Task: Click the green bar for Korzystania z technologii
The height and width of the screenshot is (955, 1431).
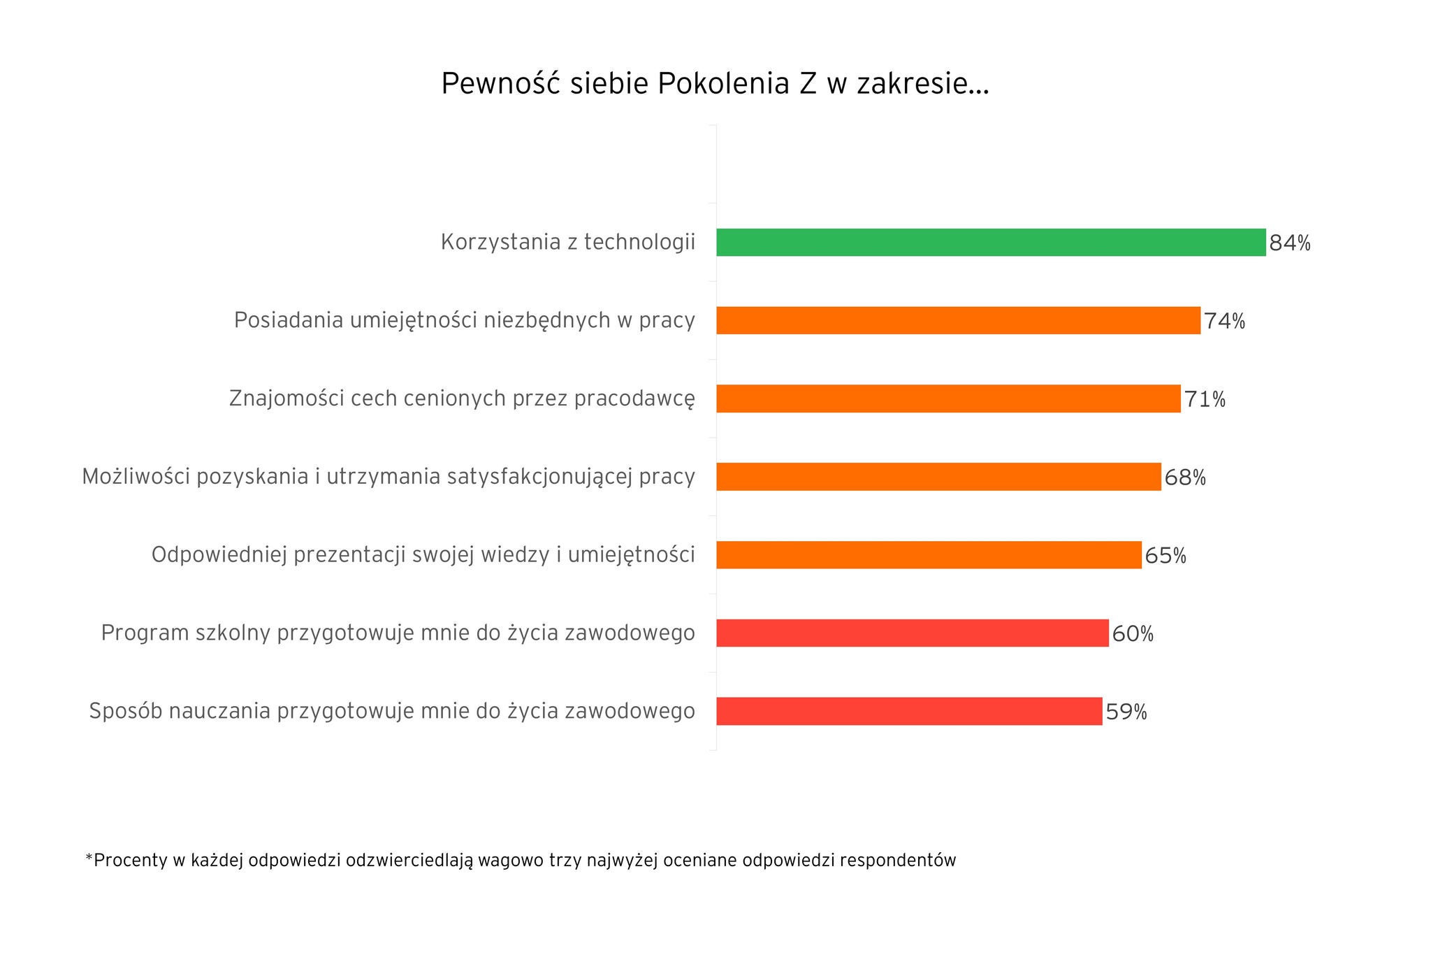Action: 991,243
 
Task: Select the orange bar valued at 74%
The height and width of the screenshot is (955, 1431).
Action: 958,321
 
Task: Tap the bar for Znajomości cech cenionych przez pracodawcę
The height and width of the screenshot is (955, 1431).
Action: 948,398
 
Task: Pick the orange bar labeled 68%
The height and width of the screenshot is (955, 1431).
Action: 938,477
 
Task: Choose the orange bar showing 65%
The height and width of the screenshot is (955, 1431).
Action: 929,555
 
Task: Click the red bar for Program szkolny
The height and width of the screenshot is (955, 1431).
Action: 912,633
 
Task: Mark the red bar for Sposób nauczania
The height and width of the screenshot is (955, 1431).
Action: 909,712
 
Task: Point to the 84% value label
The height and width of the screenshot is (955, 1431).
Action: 1290,243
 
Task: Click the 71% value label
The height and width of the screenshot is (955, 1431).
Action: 1205,400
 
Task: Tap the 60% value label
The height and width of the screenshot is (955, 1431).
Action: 1133,634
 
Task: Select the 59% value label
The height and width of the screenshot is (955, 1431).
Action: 1126,712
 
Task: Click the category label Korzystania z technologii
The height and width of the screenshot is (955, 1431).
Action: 567,243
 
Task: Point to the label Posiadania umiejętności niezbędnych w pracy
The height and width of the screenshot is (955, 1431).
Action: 464,321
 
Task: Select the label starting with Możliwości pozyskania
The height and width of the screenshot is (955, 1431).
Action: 388,477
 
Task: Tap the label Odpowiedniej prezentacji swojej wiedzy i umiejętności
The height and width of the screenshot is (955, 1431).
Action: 423,555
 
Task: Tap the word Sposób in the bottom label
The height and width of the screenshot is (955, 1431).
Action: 123,712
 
